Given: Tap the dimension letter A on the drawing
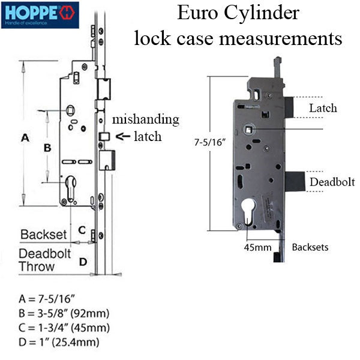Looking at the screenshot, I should (25, 138).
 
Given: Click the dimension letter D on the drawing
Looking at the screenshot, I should (84, 261).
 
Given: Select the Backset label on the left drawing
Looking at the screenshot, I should (48, 235).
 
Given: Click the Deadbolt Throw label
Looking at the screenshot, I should (44, 260).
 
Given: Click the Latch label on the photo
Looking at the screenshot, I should (323, 109).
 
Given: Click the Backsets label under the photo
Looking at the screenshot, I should (310, 247).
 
